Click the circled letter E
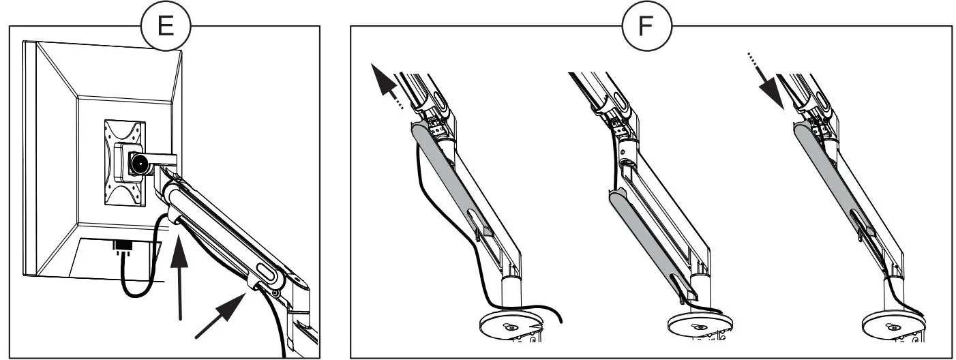coord(165,26)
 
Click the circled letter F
coord(646,26)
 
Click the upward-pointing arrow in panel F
coord(386,85)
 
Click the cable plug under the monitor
coord(123,247)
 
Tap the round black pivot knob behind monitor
coord(141,164)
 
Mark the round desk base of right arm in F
coord(889,323)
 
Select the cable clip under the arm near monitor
coord(172,218)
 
